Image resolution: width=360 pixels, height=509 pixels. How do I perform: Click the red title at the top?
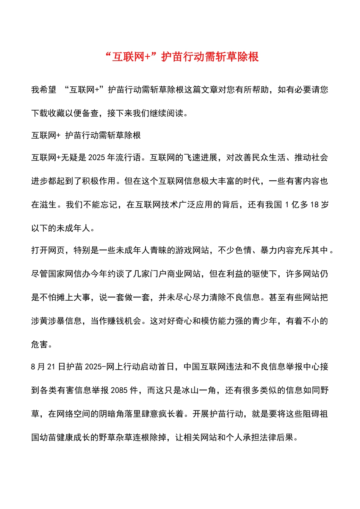[x=182, y=57]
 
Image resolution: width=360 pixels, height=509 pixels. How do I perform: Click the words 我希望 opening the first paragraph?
[x=44, y=90]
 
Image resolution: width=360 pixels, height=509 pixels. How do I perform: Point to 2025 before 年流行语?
[x=97, y=158]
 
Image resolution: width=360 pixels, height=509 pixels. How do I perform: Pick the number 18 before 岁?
[x=314, y=205]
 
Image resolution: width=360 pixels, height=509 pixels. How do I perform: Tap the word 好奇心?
[x=179, y=321]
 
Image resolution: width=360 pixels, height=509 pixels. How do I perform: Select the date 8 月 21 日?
[x=48, y=367]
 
